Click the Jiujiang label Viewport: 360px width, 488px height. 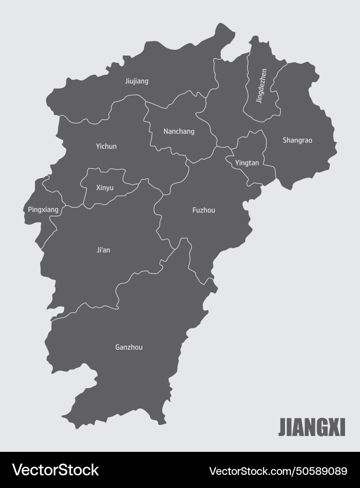(136, 81)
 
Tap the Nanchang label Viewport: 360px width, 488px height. (179, 131)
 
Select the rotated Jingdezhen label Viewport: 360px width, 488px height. (261, 86)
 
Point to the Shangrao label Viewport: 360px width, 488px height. (297, 140)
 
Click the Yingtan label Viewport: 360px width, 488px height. (247, 163)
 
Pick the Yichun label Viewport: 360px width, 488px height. (106, 146)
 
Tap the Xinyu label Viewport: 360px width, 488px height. (105, 188)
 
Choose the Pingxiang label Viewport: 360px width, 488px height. (43, 210)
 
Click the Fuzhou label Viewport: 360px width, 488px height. (204, 210)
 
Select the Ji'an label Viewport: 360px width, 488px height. (103, 250)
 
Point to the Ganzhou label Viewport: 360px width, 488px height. (129, 347)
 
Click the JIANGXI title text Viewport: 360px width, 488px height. (312, 427)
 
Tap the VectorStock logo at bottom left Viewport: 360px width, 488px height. (55, 470)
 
